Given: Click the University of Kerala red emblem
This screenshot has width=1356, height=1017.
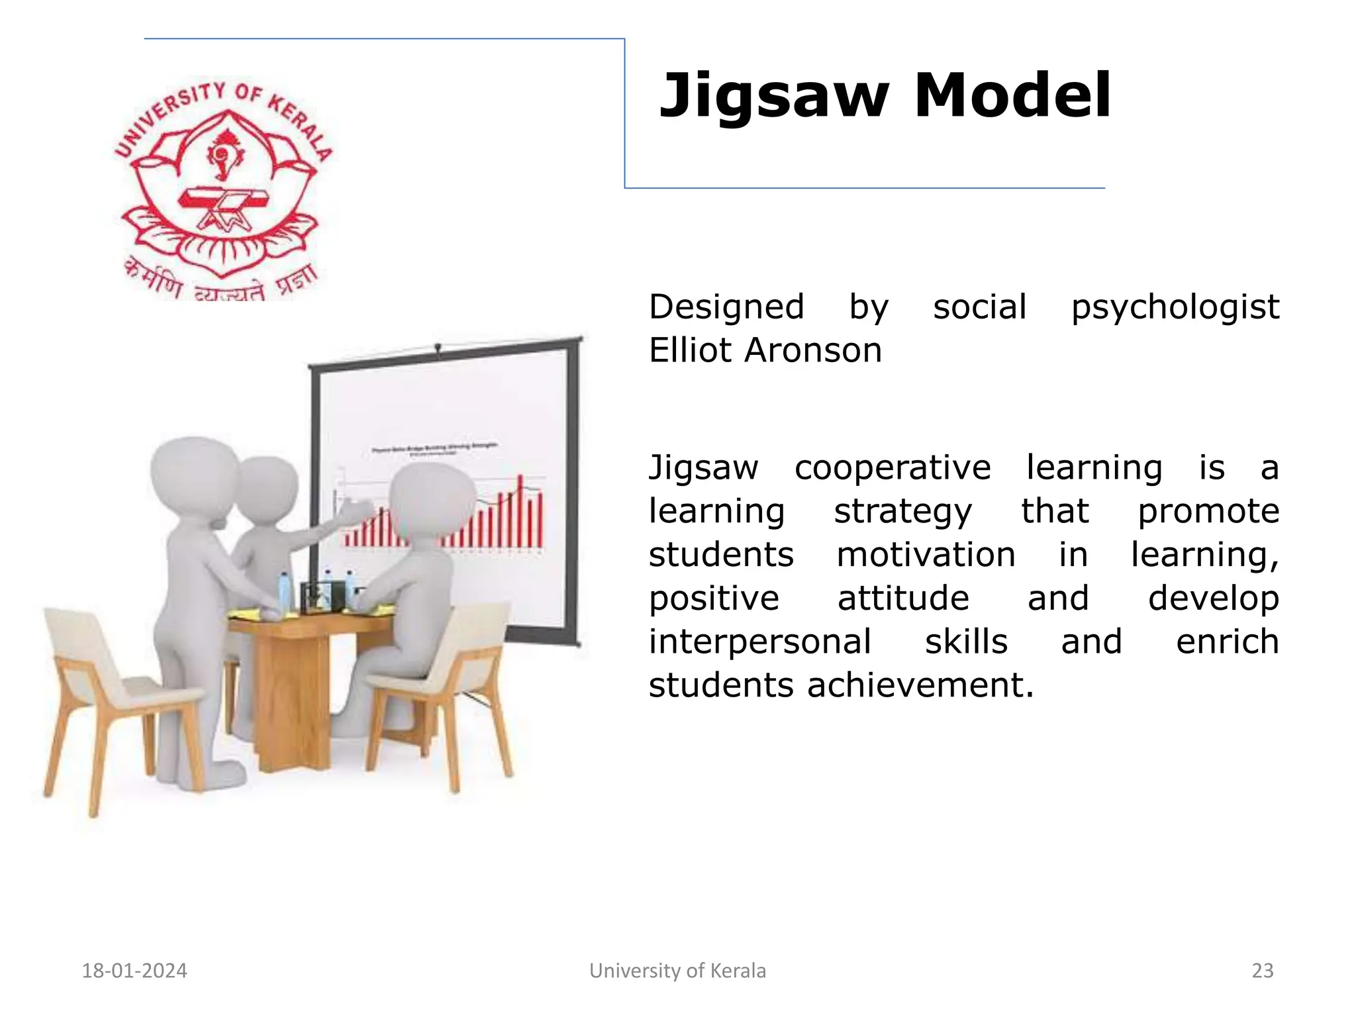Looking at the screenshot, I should pyautogui.click(x=223, y=189).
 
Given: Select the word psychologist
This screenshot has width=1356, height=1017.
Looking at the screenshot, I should pyautogui.click(x=1175, y=308).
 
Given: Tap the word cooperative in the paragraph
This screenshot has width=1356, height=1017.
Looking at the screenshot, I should pyautogui.click(x=893, y=468).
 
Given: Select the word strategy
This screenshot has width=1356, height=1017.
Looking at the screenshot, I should pyautogui.click(x=902, y=512).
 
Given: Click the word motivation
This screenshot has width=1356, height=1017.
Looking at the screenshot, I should pyautogui.click(x=926, y=555).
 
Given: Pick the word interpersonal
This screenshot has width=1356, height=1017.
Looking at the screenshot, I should pyautogui.click(x=759, y=642).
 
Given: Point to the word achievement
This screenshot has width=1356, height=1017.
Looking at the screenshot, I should pyautogui.click(x=920, y=685).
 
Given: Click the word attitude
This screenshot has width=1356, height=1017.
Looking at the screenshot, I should pyautogui.click(x=903, y=599).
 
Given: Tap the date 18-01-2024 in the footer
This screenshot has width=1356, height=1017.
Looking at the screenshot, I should pyautogui.click(x=134, y=971).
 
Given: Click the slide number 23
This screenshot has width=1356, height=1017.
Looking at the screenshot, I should pyautogui.click(x=1263, y=971).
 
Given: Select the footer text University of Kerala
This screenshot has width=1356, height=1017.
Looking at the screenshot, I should pyautogui.click(x=677, y=971).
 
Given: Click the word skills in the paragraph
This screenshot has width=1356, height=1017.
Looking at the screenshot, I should pyautogui.click(x=966, y=642).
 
